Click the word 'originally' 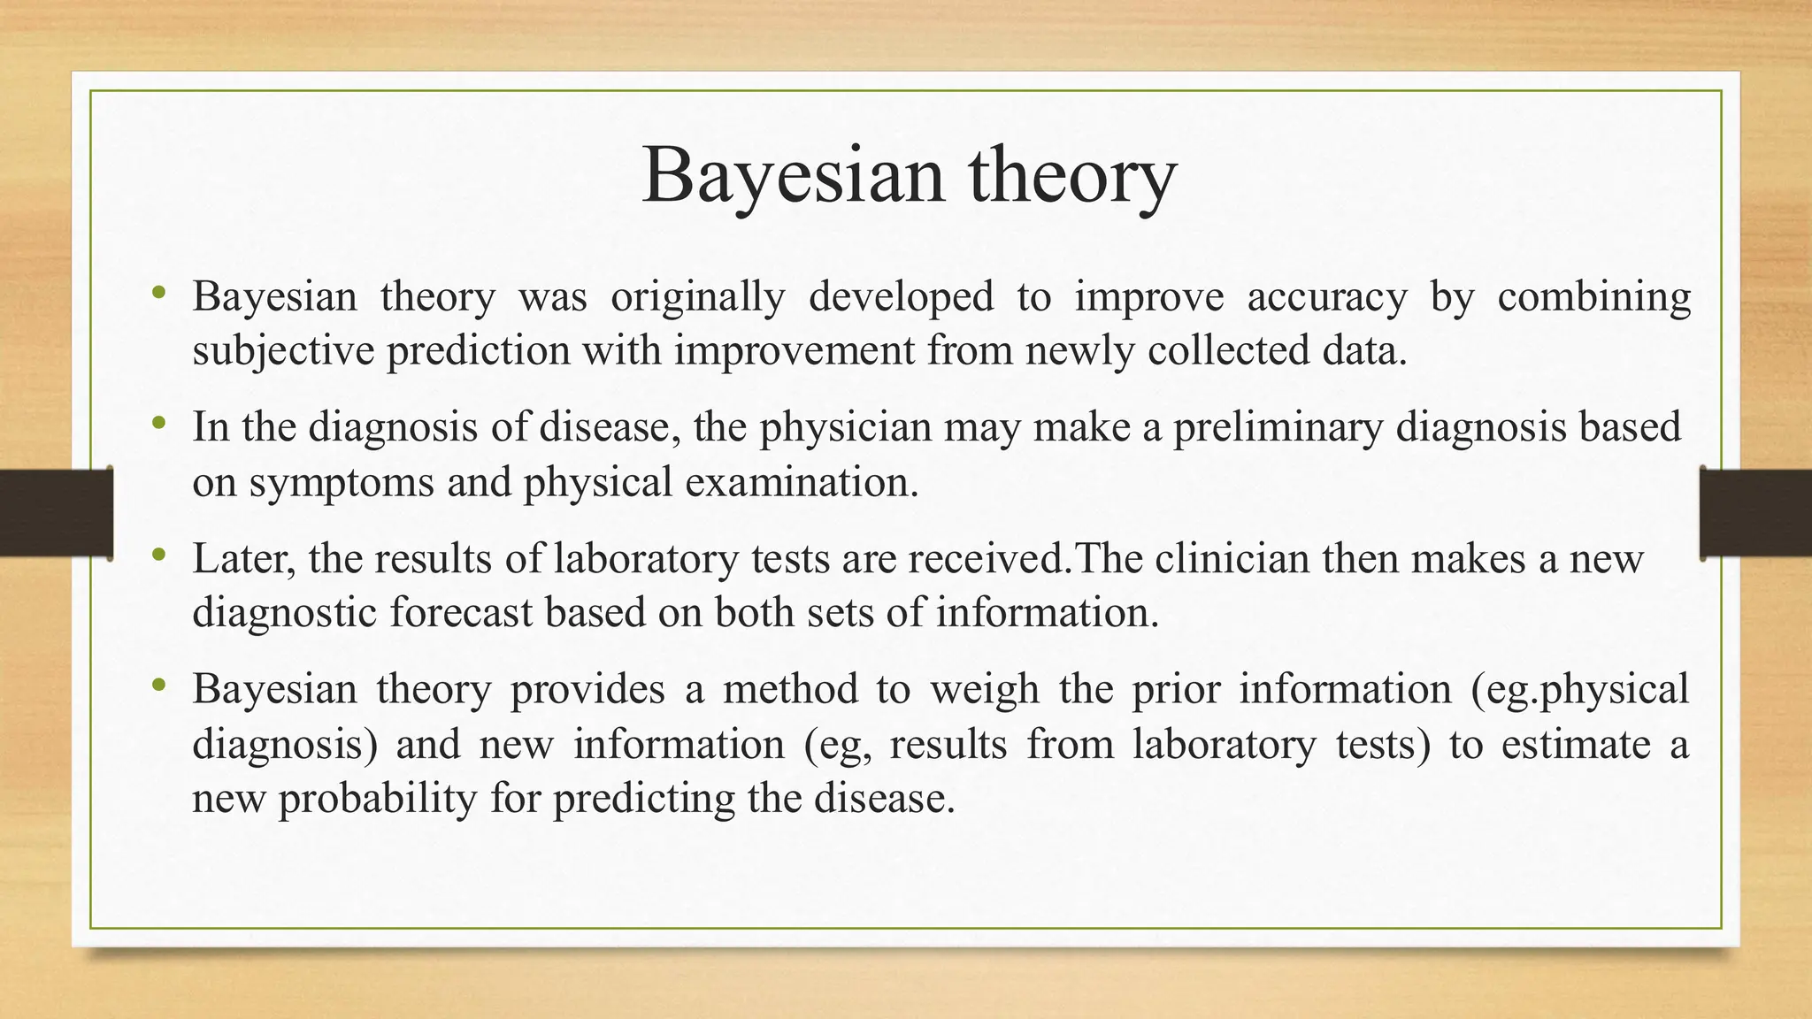pos(697,297)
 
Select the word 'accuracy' pos(1326,297)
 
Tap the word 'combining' pos(1593,297)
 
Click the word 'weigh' pos(984,690)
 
